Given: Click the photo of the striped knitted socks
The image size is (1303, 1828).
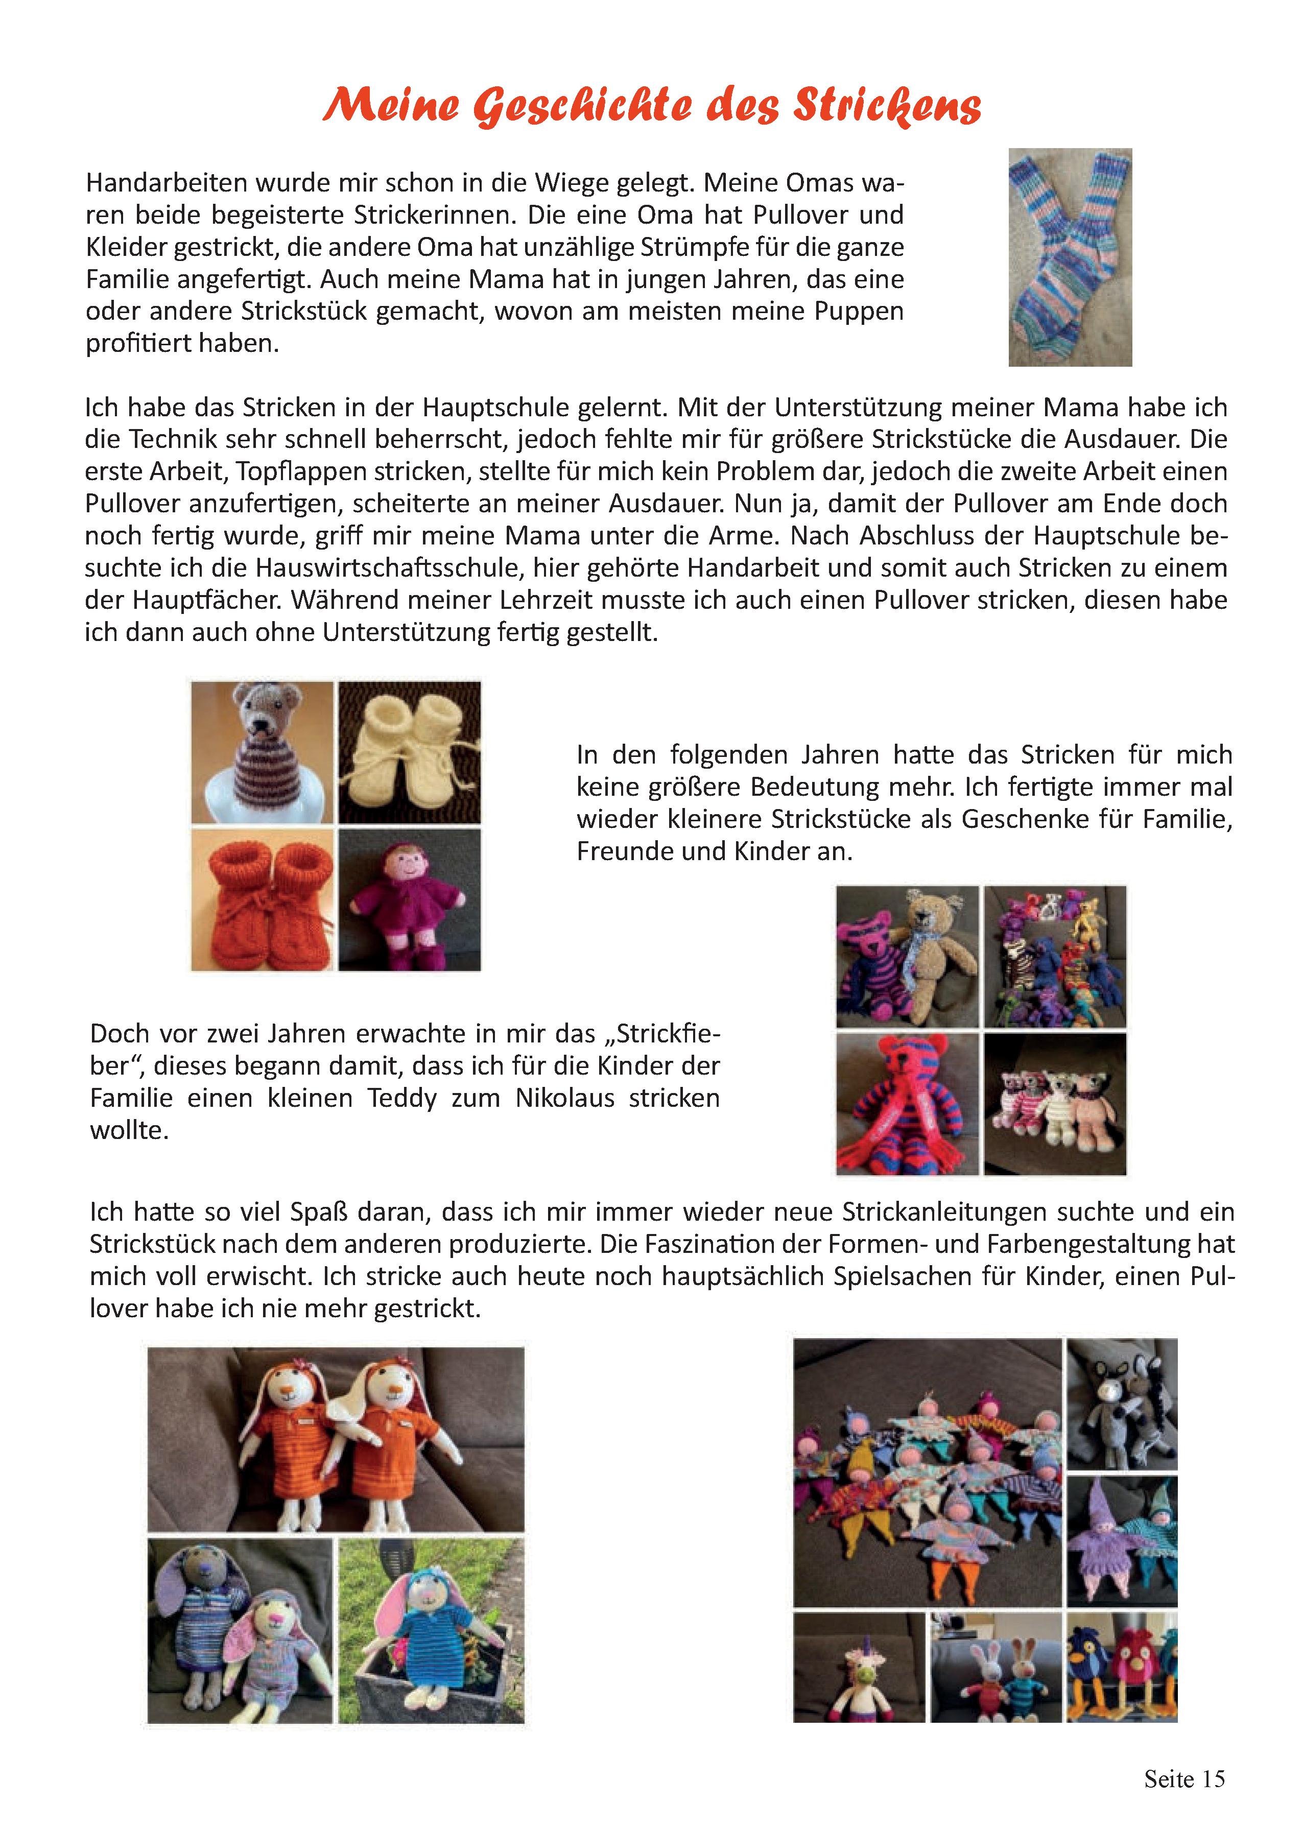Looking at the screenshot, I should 1070,257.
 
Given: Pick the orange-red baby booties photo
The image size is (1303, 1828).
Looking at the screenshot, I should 263,899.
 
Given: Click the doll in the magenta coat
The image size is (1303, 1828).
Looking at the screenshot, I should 409,899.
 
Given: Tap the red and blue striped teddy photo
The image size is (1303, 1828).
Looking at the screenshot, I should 908,1104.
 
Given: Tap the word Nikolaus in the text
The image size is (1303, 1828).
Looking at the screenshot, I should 565,1097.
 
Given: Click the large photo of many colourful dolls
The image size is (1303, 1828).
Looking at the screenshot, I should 928,1473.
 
